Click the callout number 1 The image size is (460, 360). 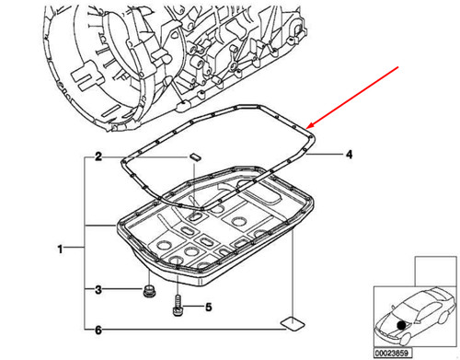[61, 249]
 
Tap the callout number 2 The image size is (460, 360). [97, 158]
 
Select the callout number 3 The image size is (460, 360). [97, 291]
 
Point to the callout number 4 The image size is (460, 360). [350, 156]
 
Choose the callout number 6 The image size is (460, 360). [97, 330]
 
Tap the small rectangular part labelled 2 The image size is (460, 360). [195, 157]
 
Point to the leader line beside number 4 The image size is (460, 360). [327, 156]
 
